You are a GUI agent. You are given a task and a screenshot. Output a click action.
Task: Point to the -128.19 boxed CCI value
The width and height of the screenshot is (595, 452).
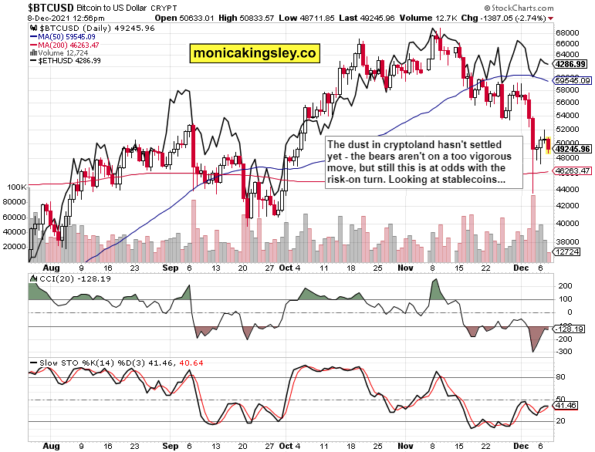[572, 328]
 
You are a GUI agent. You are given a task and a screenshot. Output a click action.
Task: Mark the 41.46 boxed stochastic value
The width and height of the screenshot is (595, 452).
[572, 405]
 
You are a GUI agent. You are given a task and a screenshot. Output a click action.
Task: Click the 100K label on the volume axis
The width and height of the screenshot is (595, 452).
[16, 187]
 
